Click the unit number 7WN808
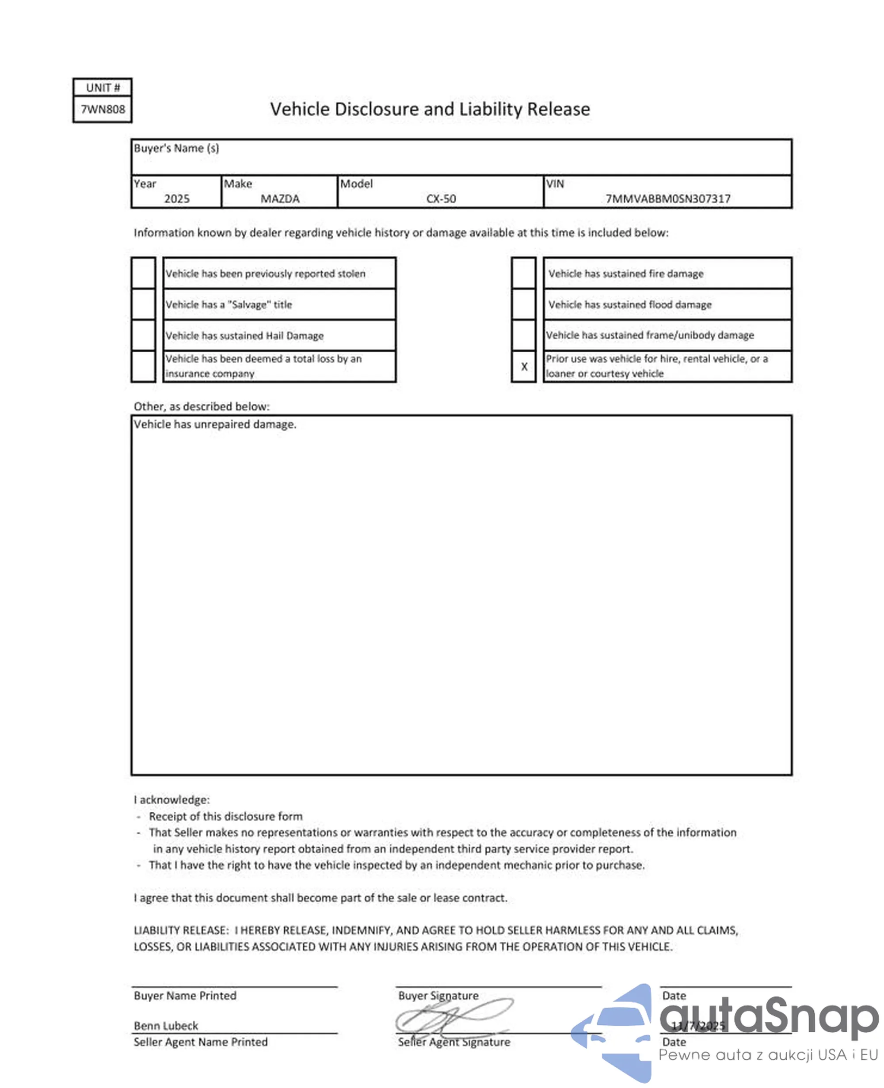coord(103,110)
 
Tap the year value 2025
coord(177,198)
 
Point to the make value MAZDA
coord(280,198)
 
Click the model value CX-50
coord(441,198)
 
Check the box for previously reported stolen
coord(144,274)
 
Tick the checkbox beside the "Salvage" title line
coord(144,304)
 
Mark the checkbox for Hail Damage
coord(144,335)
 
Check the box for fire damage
coord(523,274)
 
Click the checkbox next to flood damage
coord(523,304)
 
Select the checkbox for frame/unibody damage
coord(523,335)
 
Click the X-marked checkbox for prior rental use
coord(523,366)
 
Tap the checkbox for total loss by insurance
coord(144,366)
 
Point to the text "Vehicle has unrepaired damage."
coord(215,425)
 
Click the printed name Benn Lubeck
coord(166,1026)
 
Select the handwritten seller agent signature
coord(453,1018)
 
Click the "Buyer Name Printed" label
coord(185,995)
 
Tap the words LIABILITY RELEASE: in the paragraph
coord(181,930)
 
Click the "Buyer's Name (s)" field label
coord(176,148)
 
